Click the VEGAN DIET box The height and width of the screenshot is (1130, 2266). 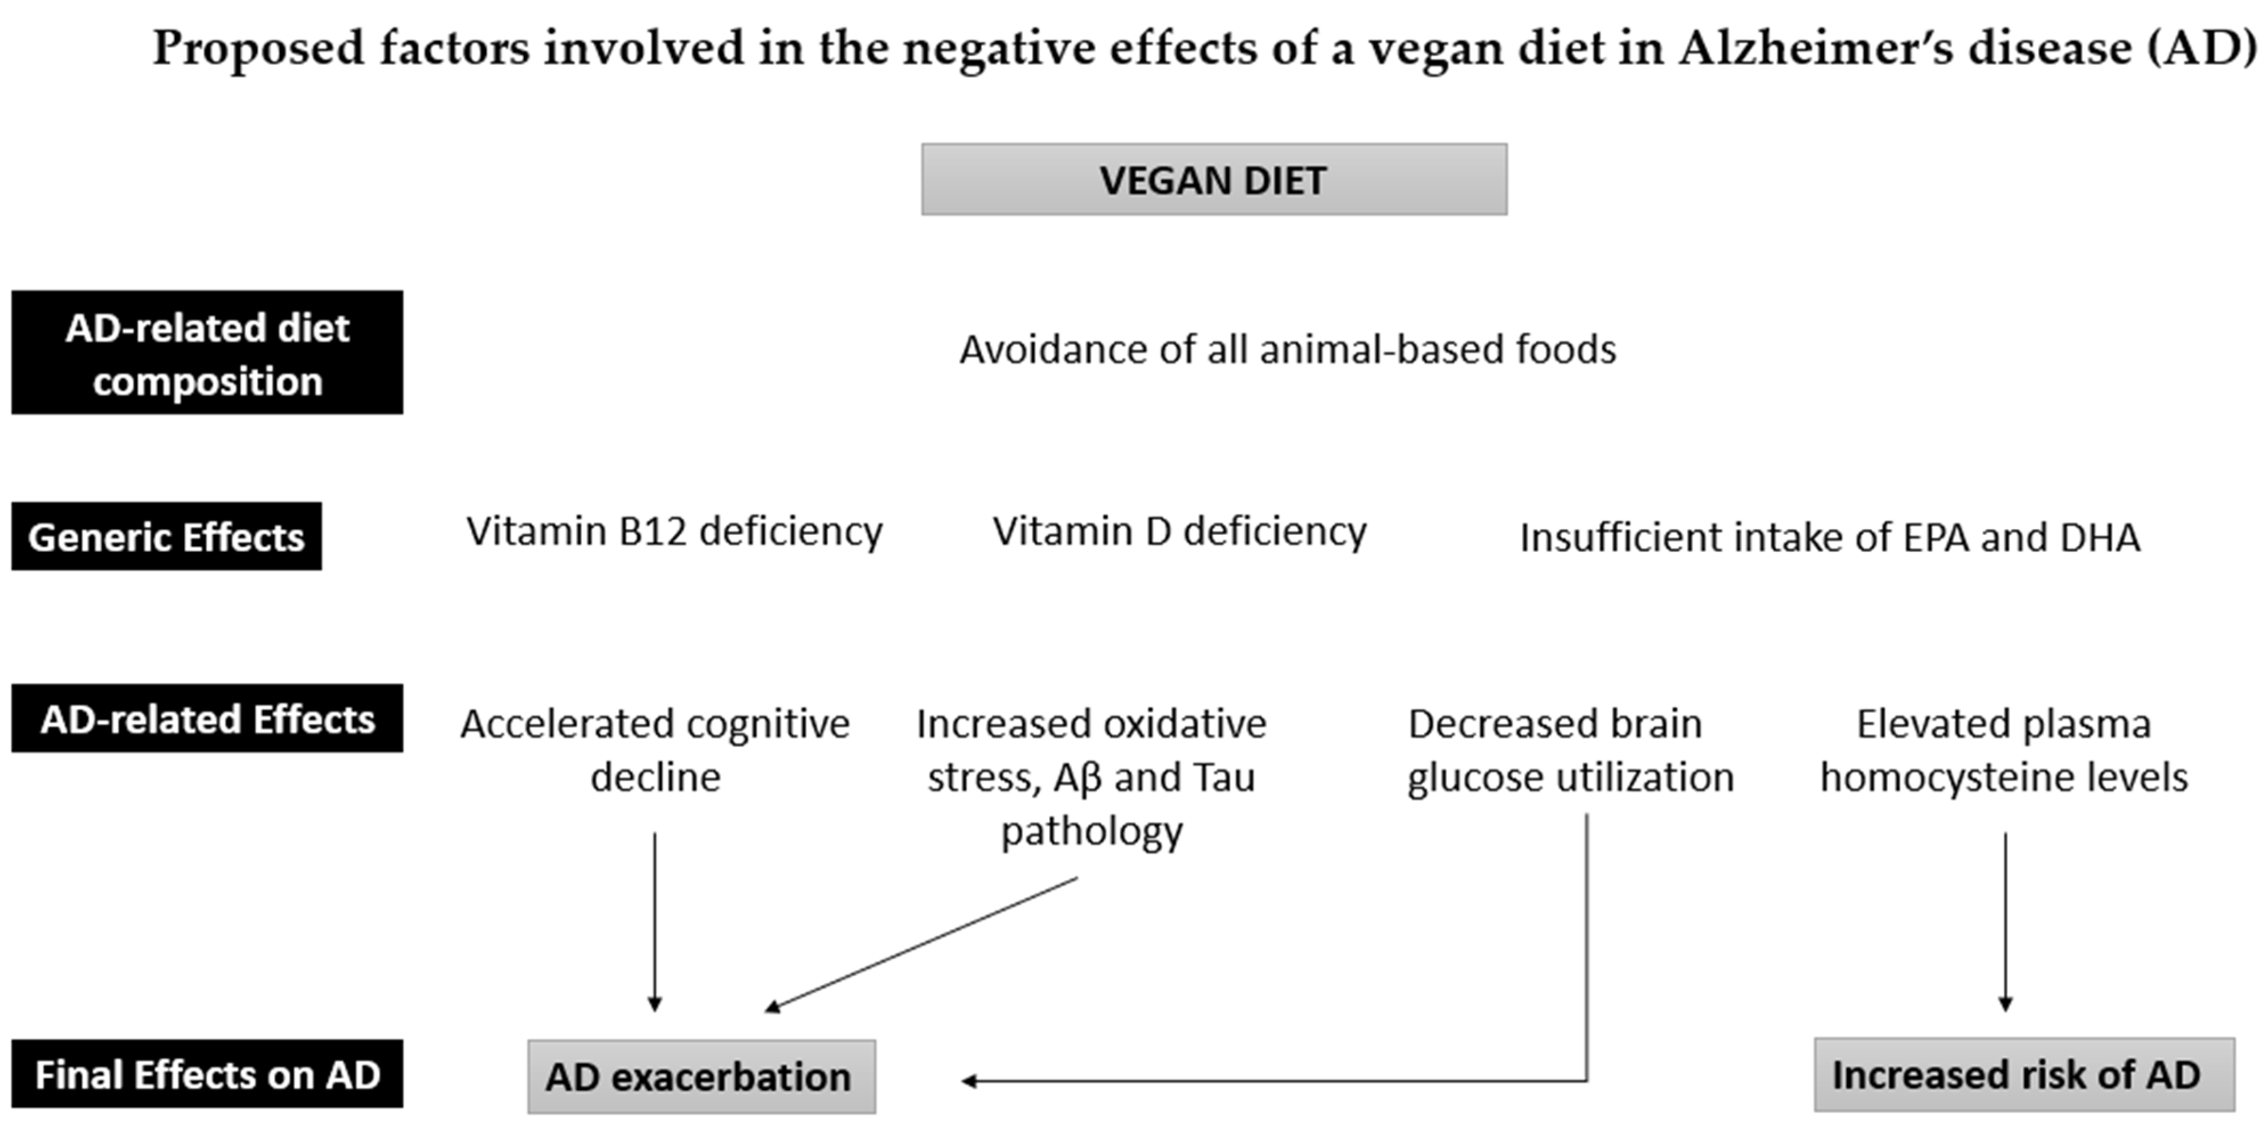[x=1214, y=179]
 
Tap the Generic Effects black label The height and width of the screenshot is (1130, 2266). [x=166, y=537]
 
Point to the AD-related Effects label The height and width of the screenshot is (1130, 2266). [x=207, y=718]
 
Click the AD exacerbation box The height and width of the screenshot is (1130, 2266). [x=701, y=1076]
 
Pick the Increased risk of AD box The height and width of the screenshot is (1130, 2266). [x=2024, y=1075]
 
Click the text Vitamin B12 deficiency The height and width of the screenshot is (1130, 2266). [x=674, y=531]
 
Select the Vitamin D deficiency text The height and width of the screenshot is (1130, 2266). [x=1179, y=531]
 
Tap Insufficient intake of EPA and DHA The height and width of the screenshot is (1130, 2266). [x=1830, y=537]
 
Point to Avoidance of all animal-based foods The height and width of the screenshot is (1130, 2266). [x=1288, y=349]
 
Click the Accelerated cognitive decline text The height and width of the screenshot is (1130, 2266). [x=655, y=750]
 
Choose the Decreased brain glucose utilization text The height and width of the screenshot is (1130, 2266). [x=1570, y=750]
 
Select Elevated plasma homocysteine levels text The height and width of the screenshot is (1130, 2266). [x=2004, y=750]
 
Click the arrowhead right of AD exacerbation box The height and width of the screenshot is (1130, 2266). [x=969, y=1081]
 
